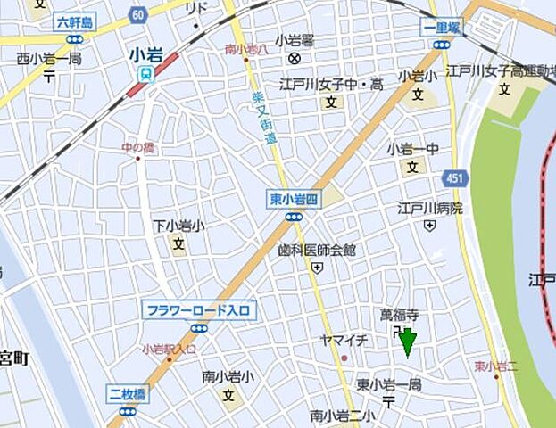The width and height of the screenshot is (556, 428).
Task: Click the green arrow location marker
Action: [408, 342]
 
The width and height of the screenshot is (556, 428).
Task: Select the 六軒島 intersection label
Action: [76, 22]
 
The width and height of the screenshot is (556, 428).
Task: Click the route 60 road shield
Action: [137, 14]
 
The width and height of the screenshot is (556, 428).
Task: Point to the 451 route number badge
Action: [454, 179]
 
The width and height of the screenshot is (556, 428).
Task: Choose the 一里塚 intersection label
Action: [442, 28]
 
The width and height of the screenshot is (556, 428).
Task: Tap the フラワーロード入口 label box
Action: [199, 311]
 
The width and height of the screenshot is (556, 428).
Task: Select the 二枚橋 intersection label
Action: [128, 394]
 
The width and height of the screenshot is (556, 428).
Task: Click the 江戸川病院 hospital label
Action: [430, 209]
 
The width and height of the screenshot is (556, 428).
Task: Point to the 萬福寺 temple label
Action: [399, 315]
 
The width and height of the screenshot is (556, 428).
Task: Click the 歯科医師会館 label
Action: [316, 250]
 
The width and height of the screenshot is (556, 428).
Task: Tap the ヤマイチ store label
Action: [344, 340]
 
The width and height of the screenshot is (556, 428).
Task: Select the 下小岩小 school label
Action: [178, 226]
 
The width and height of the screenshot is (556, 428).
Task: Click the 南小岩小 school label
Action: [228, 377]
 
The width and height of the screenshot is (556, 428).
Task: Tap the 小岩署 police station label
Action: [294, 39]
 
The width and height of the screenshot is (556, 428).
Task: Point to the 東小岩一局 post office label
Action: [388, 384]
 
